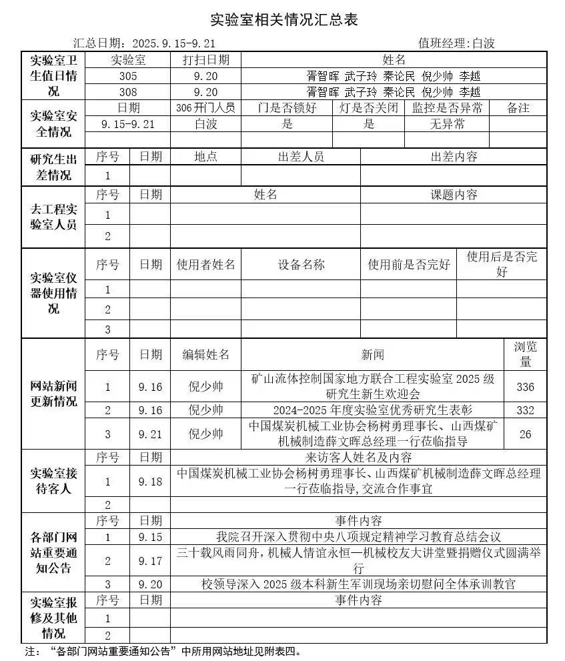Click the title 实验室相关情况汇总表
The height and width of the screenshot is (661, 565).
pyautogui.click(x=284, y=19)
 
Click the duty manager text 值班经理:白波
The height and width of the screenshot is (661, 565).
pyautogui.click(x=456, y=43)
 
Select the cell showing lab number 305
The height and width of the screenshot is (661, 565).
pyautogui.click(x=128, y=76)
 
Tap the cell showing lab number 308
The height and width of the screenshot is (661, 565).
pyautogui.click(x=128, y=92)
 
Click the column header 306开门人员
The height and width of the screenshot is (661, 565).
pyautogui.click(x=205, y=108)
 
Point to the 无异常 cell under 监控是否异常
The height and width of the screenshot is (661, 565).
pyautogui.click(x=446, y=124)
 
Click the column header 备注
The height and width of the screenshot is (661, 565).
pyautogui.click(x=518, y=108)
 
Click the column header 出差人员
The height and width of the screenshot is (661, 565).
pyautogui.click(x=300, y=157)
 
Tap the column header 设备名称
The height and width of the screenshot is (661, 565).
pyautogui.click(x=300, y=265)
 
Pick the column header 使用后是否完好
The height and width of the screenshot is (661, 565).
pyautogui.click(x=502, y=265)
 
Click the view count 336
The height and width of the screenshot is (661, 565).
pyautogui.click(x=525, y=387)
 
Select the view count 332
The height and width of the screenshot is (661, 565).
pyautogui.click(x=525, y=410)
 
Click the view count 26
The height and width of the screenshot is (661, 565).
pyautogui.click(x=525, y=434)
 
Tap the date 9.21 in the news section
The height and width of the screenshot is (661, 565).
pyautogui.click(x=150, y=434)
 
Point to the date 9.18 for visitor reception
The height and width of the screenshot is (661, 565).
pyautogui.click(x=150, y=482)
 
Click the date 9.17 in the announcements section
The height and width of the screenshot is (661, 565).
pyautogui.click(x=150, y=562)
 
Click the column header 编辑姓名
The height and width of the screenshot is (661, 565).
pyautogui.click(x=205, y=355)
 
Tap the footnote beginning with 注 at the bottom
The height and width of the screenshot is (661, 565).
pyautogui.click(x=163, y=651)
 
